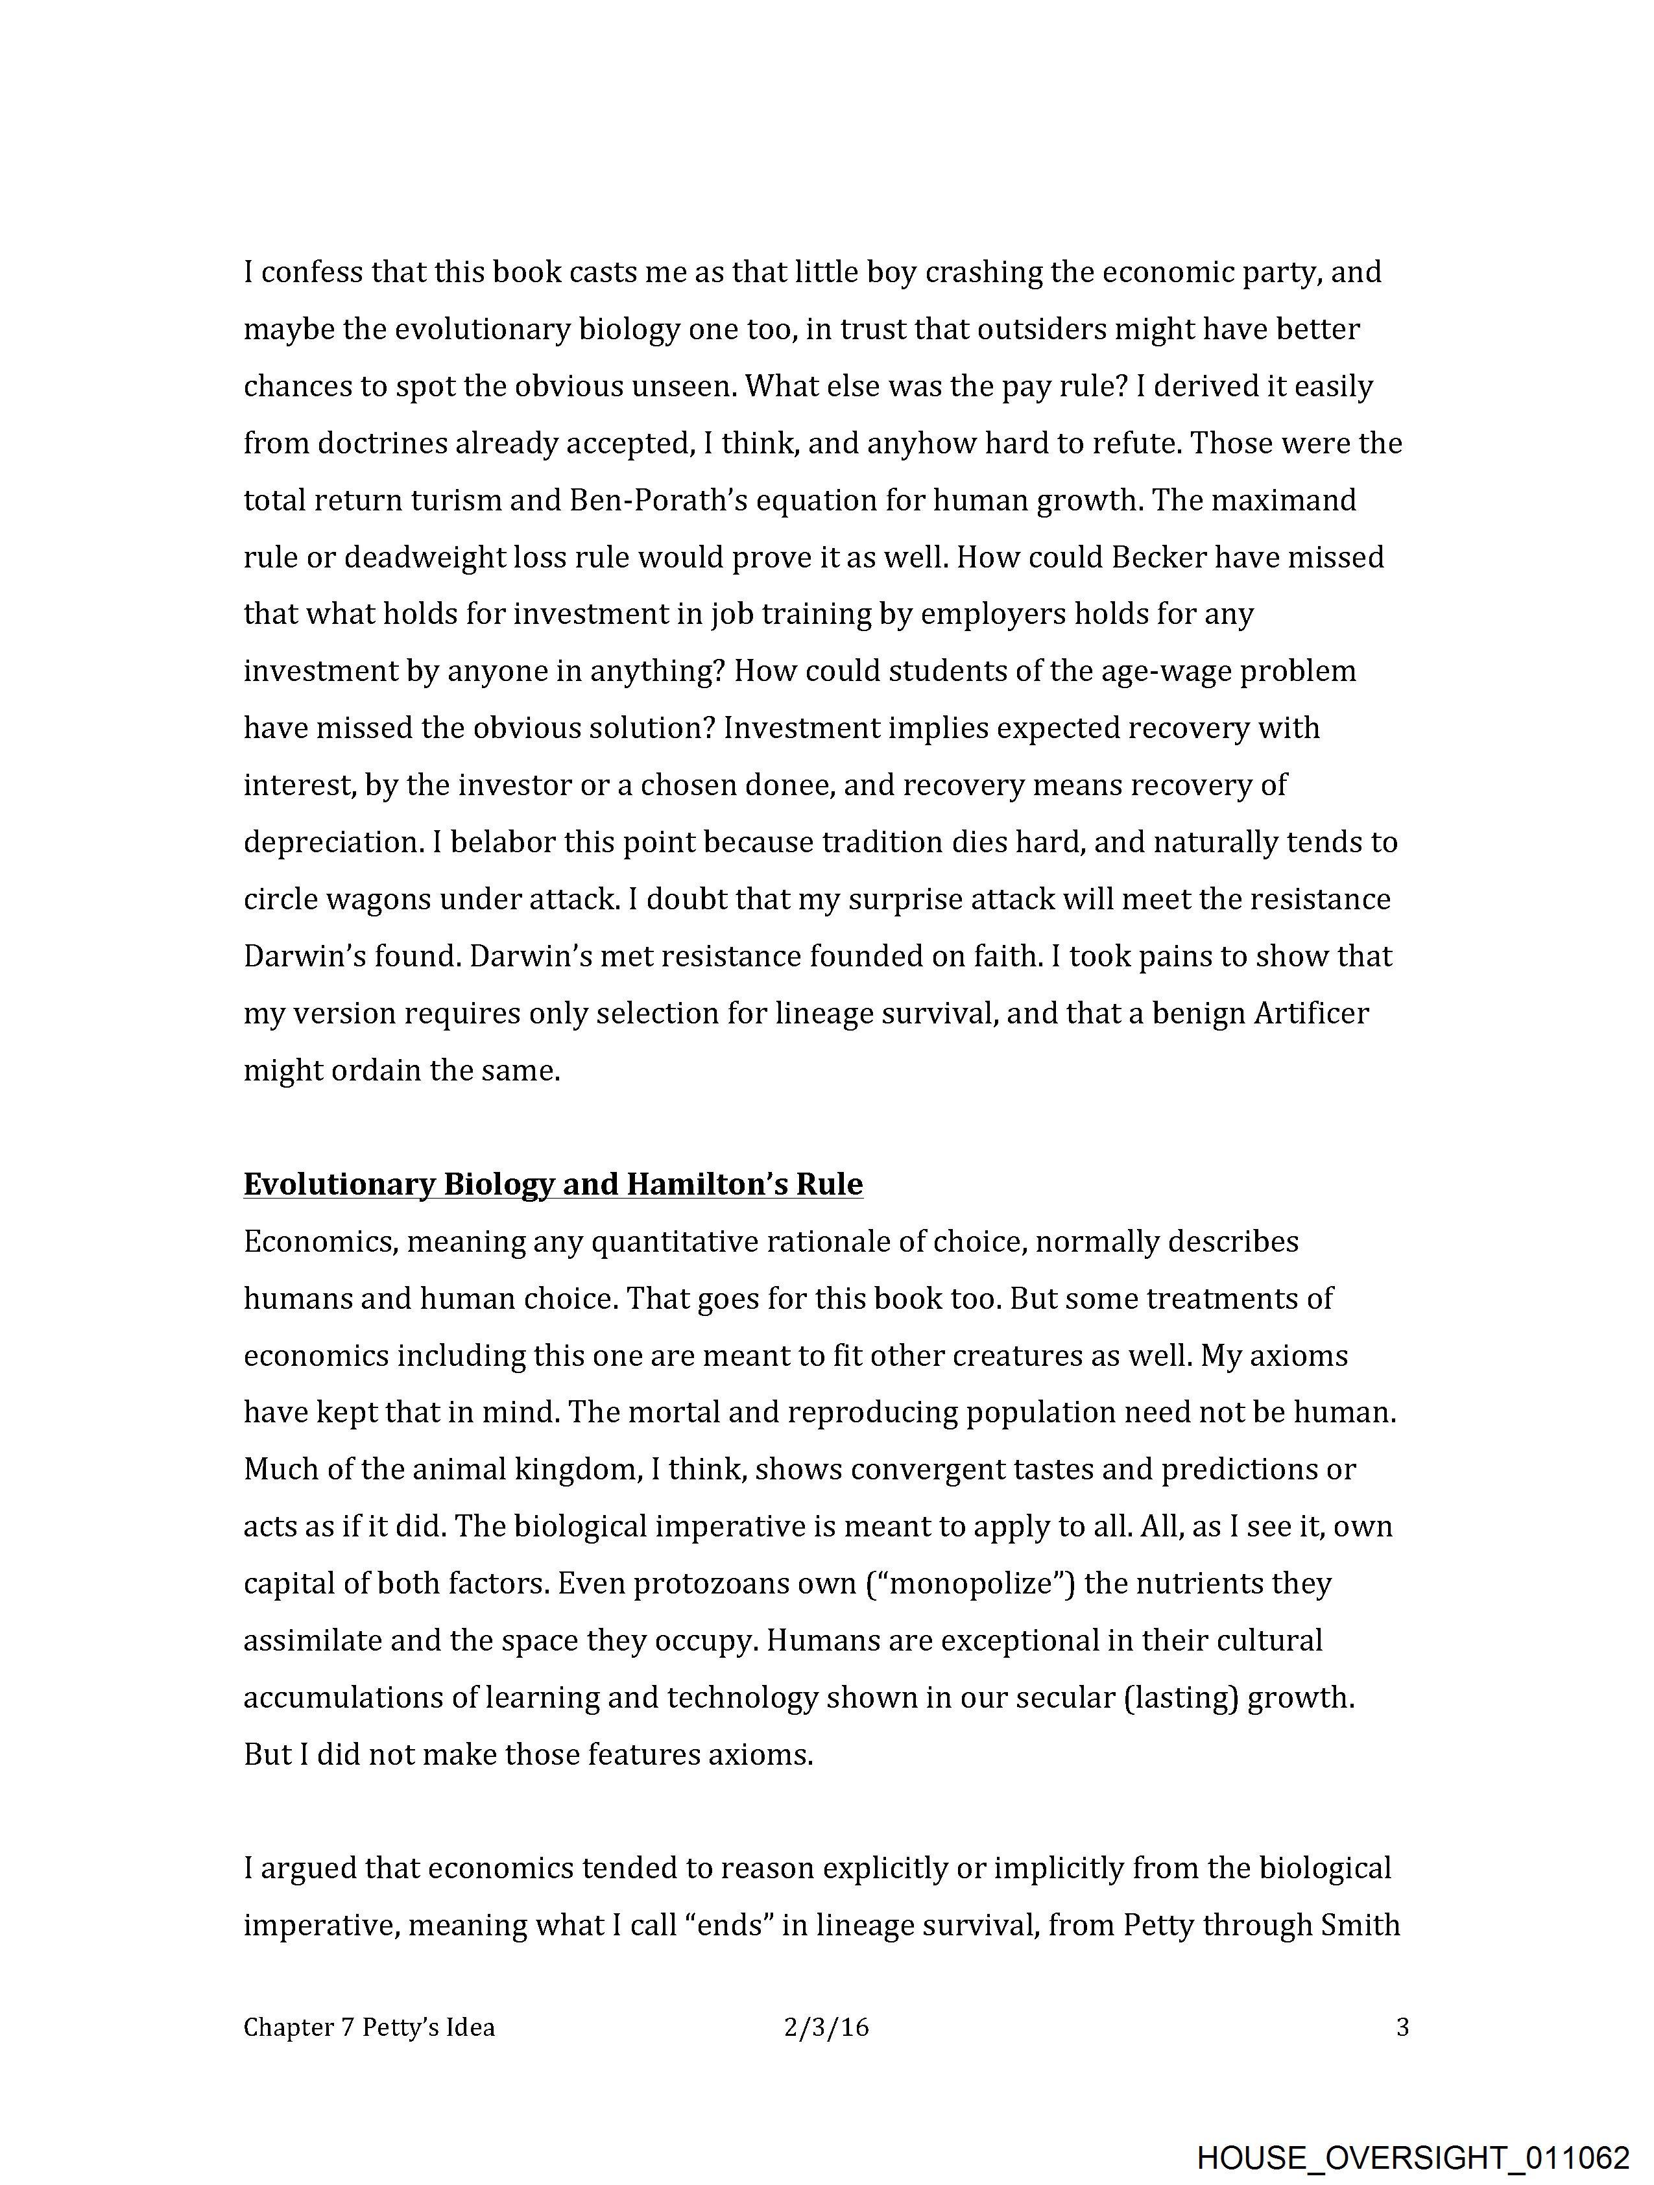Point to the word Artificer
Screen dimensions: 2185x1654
click(1311, 1014)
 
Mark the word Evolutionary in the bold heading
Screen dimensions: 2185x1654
click(339, 1184)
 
